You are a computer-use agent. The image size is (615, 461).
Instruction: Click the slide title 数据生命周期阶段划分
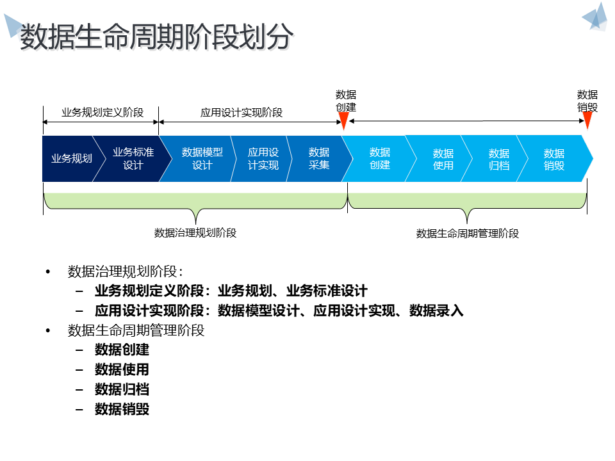tap(157, 37)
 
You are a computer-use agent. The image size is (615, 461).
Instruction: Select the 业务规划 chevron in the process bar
tap(71, 159)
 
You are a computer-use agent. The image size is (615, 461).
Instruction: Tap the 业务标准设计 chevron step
tap(133, 159)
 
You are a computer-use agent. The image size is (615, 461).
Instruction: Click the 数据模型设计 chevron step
tap(202, 159)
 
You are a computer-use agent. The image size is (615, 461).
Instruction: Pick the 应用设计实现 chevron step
tap(263, 159)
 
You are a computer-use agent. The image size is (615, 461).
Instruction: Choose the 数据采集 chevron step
tap(319, 159)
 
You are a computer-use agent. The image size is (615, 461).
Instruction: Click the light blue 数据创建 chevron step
tap(380, 159)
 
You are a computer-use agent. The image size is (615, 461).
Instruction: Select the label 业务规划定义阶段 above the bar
tap(102, 113)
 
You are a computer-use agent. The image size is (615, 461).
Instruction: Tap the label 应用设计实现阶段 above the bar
tap(242, 113)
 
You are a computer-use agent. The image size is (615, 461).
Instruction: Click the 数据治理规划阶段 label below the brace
tap(195, 233)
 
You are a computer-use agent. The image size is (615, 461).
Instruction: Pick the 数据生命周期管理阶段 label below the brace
tap(468, 234)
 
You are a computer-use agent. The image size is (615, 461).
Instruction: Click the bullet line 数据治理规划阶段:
tap(126, 271)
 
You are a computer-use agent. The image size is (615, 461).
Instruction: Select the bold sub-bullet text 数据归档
tap(122, 389)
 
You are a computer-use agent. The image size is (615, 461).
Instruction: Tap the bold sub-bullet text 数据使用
tap(122, 369)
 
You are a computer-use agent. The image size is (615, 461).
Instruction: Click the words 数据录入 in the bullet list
tap(436, 311)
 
